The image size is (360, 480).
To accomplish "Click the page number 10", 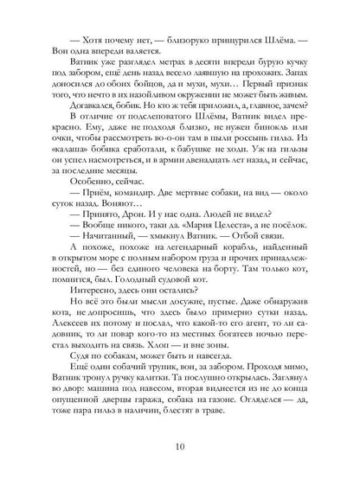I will (179, 445).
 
